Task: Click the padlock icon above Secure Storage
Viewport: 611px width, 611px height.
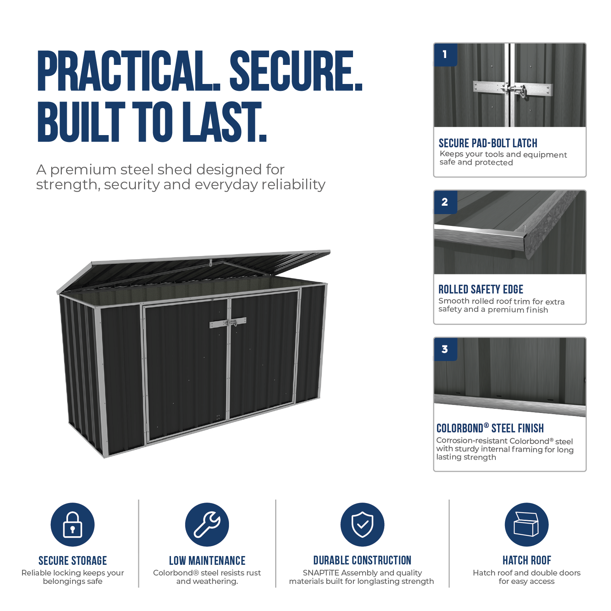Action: pos(73,524)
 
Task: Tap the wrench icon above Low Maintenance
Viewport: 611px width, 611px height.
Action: pos(207,524)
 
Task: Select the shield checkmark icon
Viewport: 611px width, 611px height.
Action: pos(362,524)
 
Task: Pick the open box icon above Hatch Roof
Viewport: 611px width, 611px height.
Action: pos(526,524)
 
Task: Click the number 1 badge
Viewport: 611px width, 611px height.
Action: pos(445,55)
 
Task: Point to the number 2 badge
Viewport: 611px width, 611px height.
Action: pos(445,202)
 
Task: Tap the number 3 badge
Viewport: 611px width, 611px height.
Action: pos(445,349)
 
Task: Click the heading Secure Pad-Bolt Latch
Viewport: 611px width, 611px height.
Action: pos(488,143)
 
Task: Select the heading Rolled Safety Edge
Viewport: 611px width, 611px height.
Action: pos(480,289)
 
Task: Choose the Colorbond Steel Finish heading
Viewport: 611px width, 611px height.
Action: pos(490,428)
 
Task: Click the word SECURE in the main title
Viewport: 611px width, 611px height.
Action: pos(296,71)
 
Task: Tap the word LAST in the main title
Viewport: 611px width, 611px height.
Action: pos(224,122)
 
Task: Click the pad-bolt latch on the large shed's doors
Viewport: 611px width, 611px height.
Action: pos(228,323)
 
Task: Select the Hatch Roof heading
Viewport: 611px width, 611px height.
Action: pos(527,560)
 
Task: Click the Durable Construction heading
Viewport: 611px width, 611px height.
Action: pos(362,560)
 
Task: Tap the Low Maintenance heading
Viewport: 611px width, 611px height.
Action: pos(207,561)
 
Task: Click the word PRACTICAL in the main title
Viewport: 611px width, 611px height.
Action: pos(129,71)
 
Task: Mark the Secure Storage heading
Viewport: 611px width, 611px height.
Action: pos(73,561)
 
